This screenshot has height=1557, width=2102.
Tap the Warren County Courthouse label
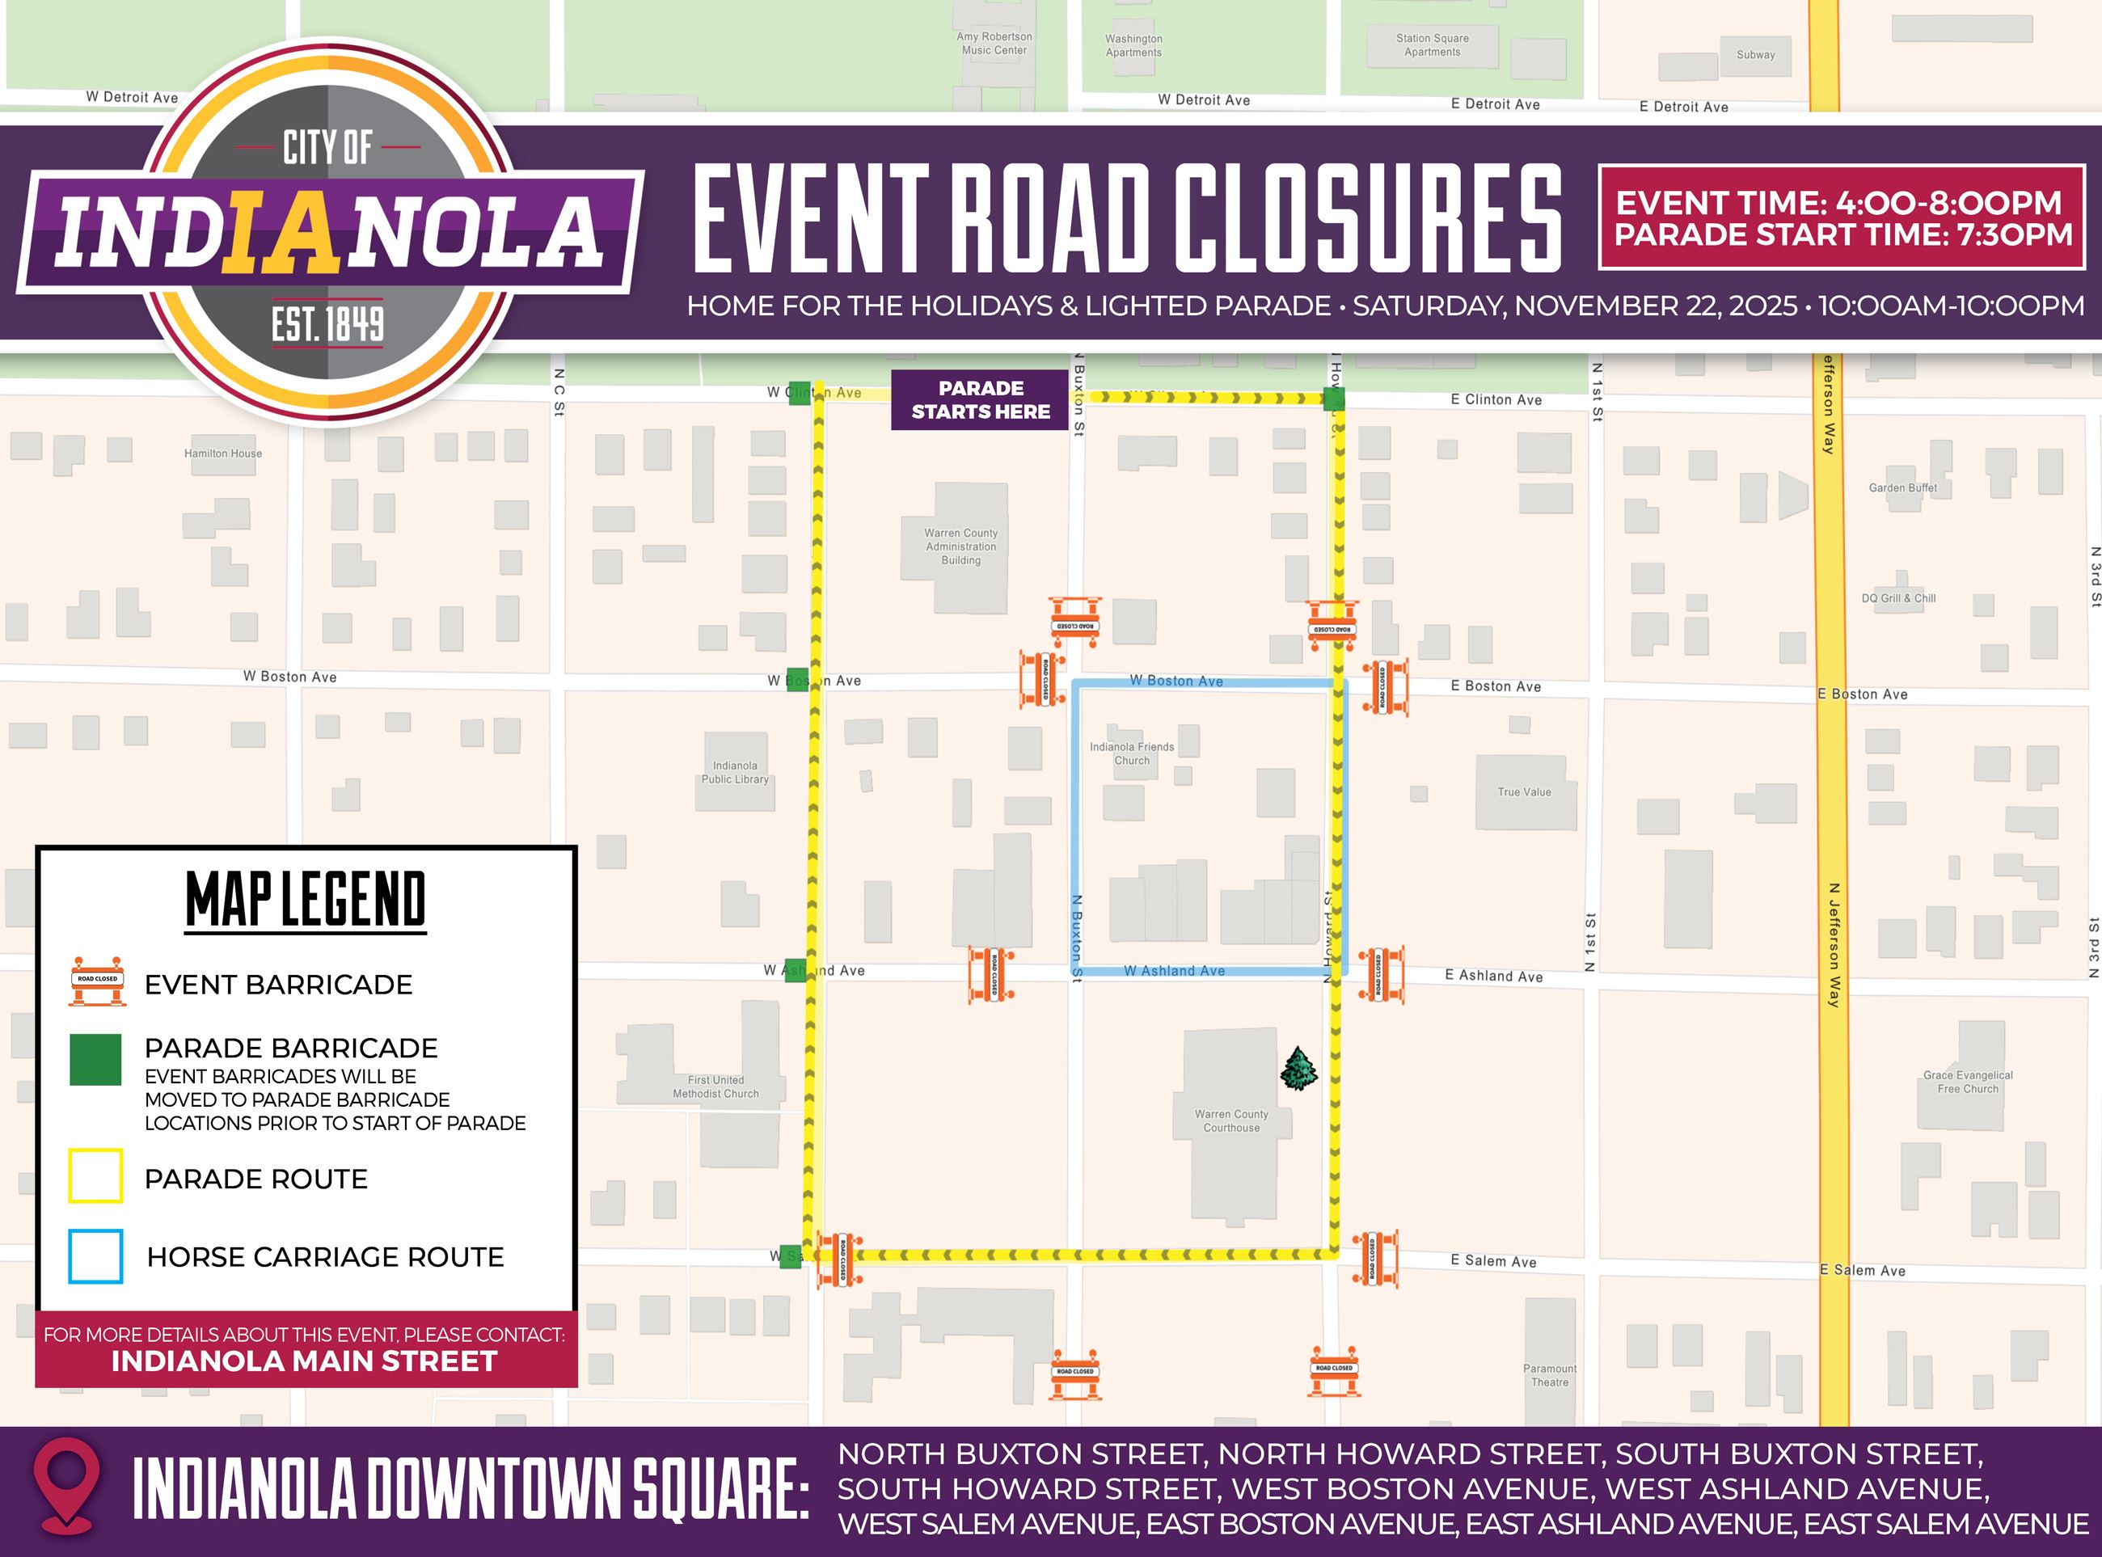click(1231, 1120)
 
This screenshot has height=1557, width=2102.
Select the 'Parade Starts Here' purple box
click(981, 399)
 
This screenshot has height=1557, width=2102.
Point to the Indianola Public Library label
click(734, 772)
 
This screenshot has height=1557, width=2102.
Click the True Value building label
click(1523, 791)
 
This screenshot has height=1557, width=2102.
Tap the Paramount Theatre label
click(1550, 1375)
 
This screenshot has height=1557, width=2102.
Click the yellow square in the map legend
click(95, 1175)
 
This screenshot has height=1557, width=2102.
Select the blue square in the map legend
click(95, 1255)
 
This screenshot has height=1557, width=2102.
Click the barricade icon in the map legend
click(97, 982)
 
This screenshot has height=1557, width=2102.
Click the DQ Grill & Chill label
click(1898, 597)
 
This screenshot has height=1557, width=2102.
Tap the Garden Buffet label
click(1902, 487)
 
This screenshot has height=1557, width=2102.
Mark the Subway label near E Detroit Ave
click(1755, 55)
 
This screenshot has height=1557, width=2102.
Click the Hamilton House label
click(222, 454)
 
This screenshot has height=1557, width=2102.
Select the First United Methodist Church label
click(715, 1087)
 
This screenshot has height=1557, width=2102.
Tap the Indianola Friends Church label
click(1131, 753)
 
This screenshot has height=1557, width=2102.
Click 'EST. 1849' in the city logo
click(327, 324)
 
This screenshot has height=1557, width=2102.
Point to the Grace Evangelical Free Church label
click(1967, 1081)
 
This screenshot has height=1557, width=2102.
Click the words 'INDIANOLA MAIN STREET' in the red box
click(305, 1361)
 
